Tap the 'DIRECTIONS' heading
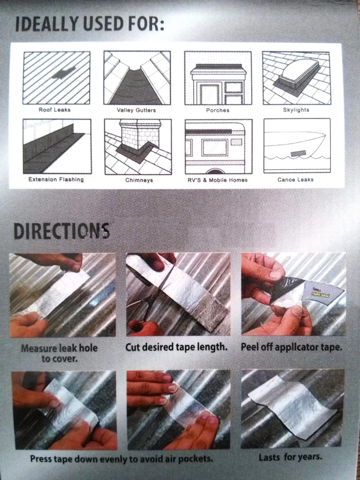[62, 230]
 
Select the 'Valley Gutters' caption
[136, 110]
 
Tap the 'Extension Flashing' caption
[56, 179]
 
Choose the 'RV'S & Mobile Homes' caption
[217, 180]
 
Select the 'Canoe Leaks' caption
[295, 179]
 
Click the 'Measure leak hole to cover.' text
[59, 353]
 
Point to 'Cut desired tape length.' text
[176, 348]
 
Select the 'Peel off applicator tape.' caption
[291, 348]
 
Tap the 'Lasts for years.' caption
[290, 458]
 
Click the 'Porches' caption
[217, 110]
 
